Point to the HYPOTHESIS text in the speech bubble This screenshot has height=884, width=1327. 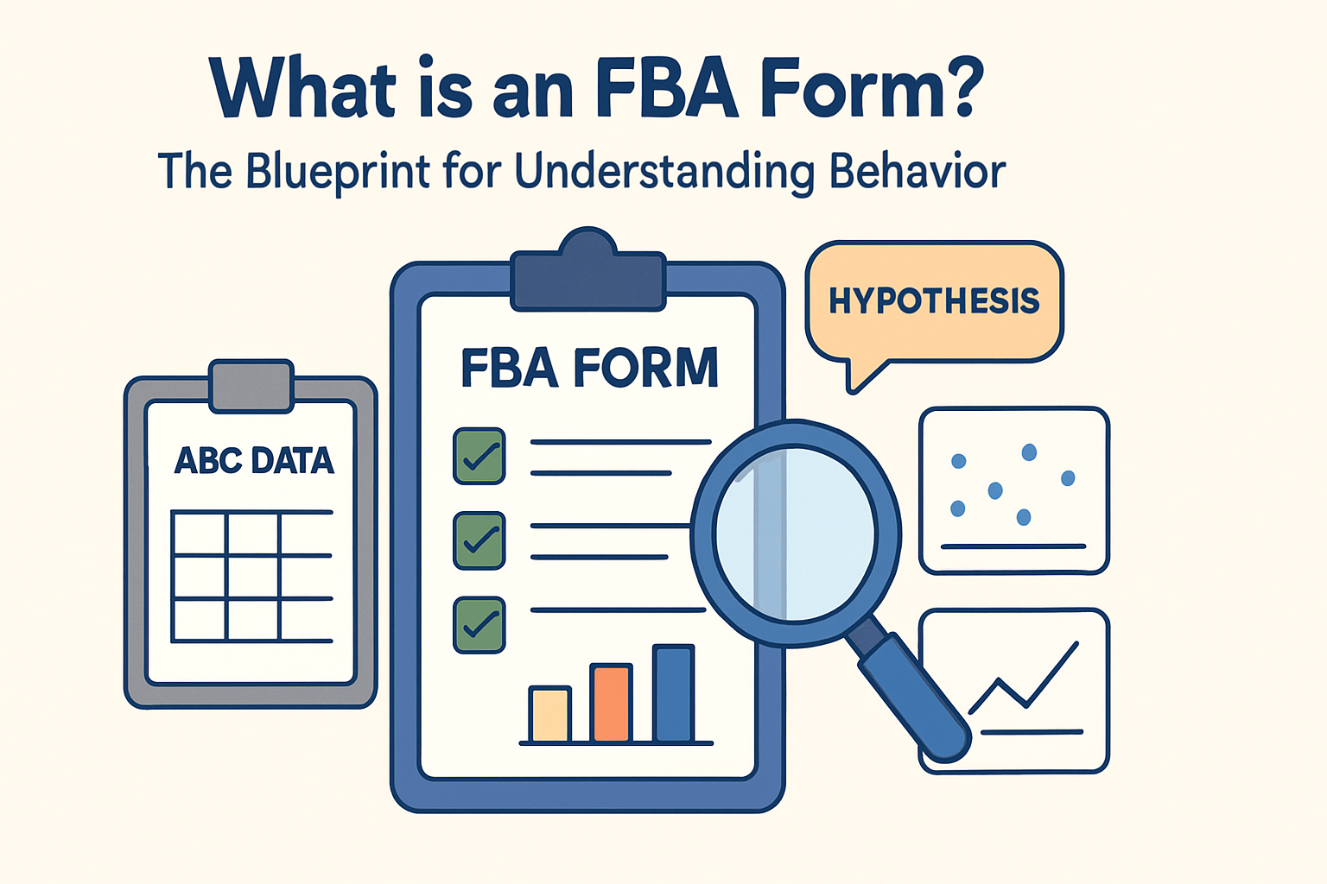click(934, 300)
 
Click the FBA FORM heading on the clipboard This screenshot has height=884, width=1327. click(589, 369)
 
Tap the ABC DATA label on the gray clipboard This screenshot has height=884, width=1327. click(254, 460)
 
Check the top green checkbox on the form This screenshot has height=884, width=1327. click(479, 456)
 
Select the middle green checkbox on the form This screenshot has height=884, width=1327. click(479, 540)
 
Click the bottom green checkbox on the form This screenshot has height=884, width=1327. click(479, 624)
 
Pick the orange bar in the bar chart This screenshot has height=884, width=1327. click(611, 703)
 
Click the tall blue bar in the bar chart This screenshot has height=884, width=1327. click(673, 693)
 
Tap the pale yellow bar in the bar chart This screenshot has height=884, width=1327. click(549, 714)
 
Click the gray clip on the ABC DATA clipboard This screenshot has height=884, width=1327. click(251, 386)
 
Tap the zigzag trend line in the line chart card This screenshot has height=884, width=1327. click(1025, 682)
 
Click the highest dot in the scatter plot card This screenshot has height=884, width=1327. click(1029, 451)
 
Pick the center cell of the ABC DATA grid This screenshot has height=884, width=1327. click(253, 578)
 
